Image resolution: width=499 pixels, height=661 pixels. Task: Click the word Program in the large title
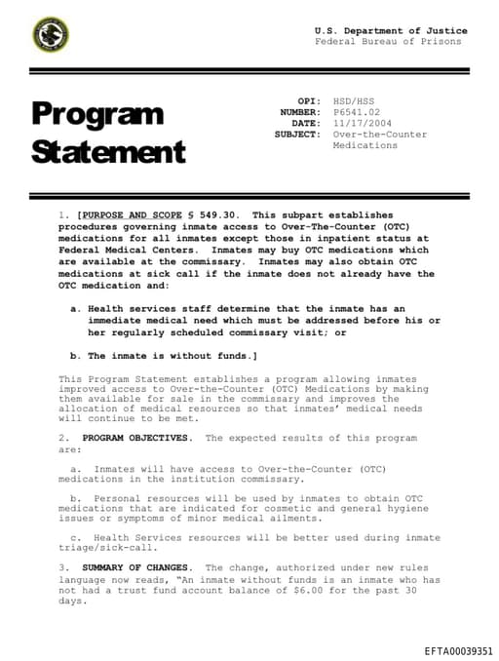click(96, 114)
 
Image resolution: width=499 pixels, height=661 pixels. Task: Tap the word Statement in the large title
click(107, 152)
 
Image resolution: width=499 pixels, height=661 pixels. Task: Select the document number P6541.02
click(355, 112)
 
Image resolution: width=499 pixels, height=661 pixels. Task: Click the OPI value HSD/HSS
click(353, 101)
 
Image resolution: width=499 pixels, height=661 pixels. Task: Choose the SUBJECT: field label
click(297, 135)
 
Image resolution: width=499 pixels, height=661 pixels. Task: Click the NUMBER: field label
click(299, 112)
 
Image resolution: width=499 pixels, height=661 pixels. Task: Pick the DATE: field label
click(305, 124)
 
